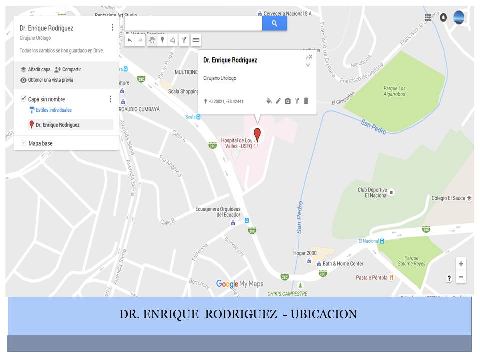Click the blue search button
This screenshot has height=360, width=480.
(274, 23)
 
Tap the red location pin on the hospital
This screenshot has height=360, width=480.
(257, 135)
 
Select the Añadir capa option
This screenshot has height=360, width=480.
(35, 70)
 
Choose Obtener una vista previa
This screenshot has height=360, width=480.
(47, 80)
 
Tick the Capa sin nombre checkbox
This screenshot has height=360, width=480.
(23, 99)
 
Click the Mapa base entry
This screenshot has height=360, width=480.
(40, 143)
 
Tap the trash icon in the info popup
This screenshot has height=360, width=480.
(306, 101)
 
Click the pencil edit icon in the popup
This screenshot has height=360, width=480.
(278, 101)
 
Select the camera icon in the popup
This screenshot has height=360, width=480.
(288, 101)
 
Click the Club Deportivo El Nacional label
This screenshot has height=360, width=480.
(373, 192)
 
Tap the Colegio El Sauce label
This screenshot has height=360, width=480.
(448, 198)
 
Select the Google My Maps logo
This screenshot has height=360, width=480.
(240, 284)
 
